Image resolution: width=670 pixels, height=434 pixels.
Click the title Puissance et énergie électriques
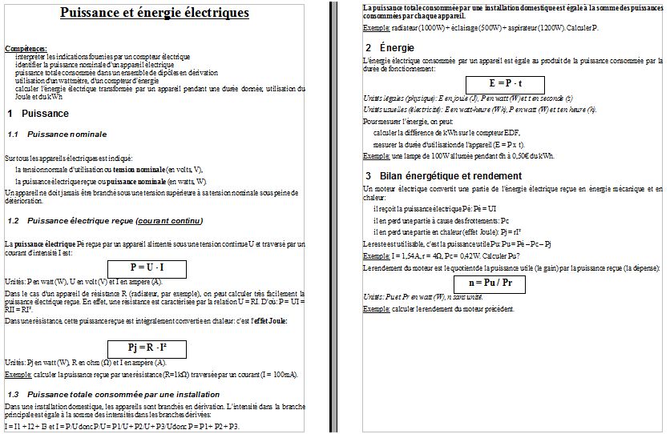tap(155, 13)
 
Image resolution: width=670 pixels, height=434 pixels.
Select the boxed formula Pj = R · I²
tap(147, 348)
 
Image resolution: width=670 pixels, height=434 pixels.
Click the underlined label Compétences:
tap(26, 49)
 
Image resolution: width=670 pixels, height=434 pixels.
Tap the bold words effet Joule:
tap(261, 321)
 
